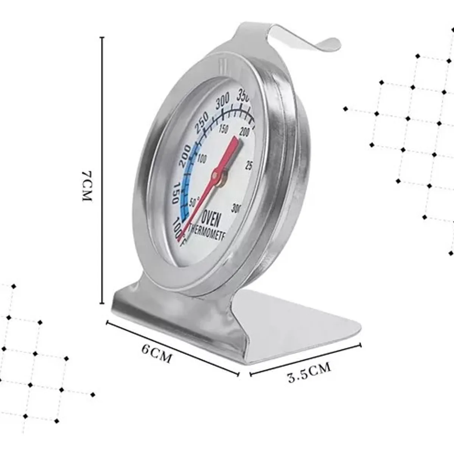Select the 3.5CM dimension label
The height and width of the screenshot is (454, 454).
click(x=309, y=372)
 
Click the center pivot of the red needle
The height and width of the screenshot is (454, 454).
click(x=216, y=175)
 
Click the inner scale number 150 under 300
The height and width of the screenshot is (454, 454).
click(x=223, y=129)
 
